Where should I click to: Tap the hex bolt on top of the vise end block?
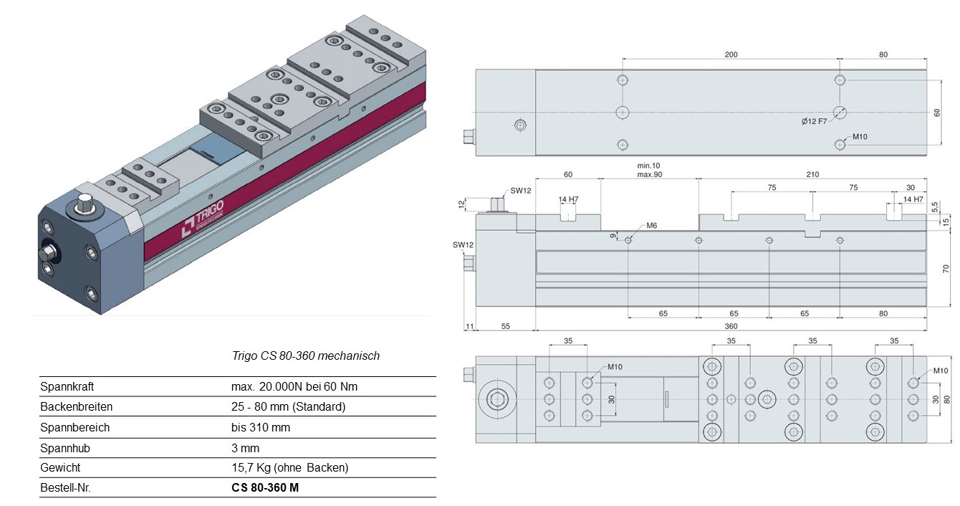(84, 202)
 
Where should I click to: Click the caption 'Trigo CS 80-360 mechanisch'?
(306, 355)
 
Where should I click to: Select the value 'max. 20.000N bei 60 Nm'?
(294, 386)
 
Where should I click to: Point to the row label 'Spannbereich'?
(75, 428)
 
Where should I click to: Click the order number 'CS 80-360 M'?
(265, 487)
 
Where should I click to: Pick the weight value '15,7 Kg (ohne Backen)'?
(289, 467)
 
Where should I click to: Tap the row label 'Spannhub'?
(65, 448)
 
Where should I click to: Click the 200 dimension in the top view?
(731, 54)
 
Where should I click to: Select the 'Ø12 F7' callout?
(814, 121)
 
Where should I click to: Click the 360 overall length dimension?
(731, 326)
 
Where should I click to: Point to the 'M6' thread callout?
(651, 226)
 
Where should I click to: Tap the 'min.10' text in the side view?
(648, 166)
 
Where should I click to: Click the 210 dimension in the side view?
(812, 175)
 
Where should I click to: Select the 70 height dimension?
(946, 269)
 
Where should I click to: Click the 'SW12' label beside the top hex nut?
(520, 191)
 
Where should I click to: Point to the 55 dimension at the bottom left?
(506, 326)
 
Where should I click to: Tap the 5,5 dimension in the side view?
(935, 206)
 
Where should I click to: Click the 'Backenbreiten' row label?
(76, 406)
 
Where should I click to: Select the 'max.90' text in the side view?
(649, 175)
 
